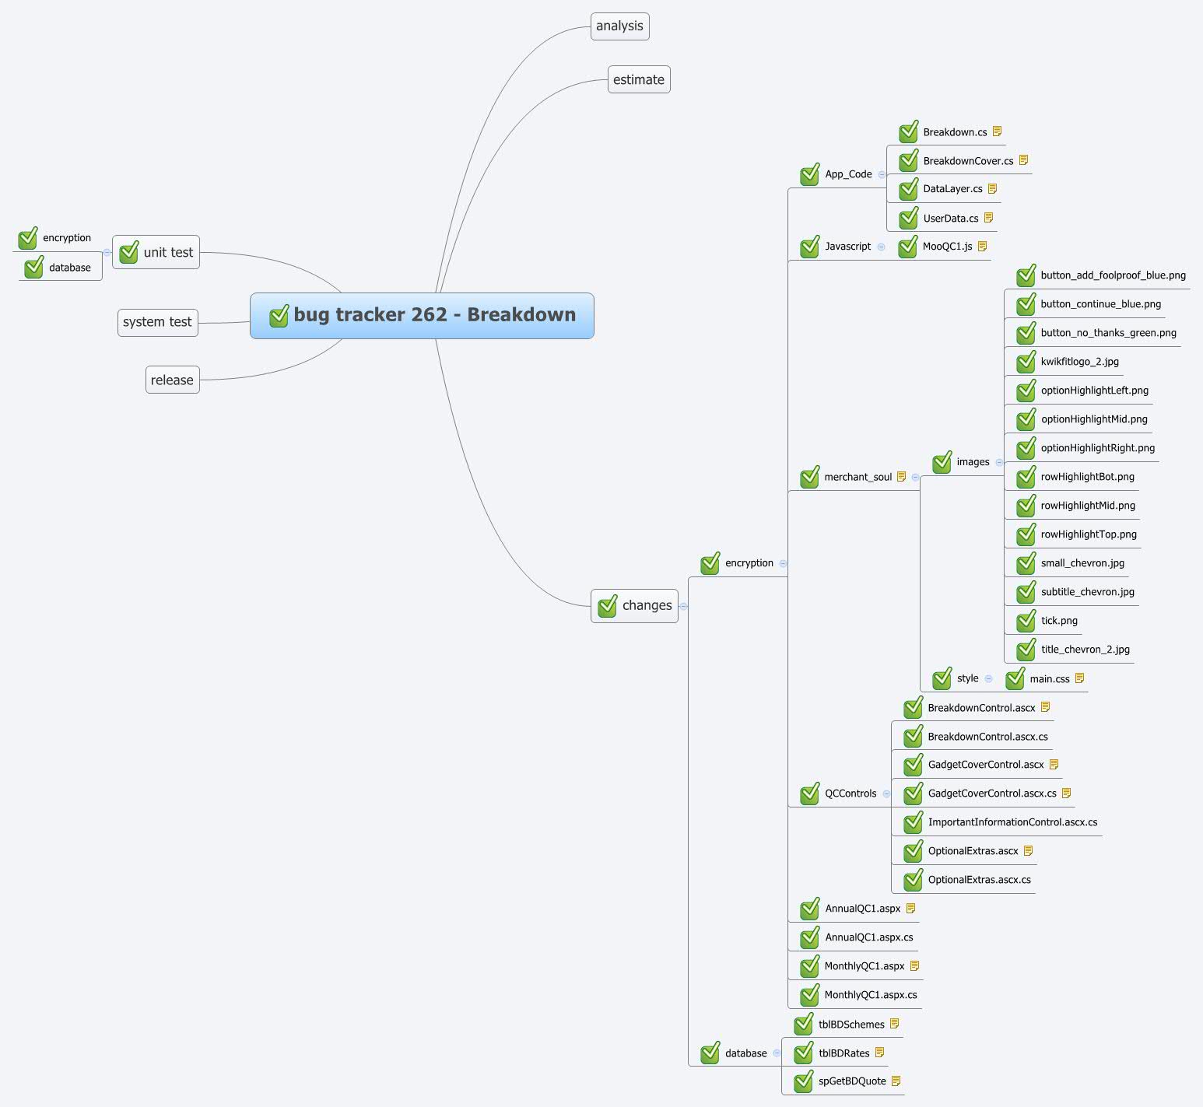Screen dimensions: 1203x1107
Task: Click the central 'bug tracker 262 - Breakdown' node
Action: (x=422, y=316)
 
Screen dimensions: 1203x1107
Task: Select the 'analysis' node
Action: (x=619, y=26)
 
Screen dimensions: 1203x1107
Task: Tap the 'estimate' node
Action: (x=639, y=79)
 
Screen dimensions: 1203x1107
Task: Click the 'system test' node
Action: (x=158, y=322)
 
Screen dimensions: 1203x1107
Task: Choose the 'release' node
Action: (x=173, y=380)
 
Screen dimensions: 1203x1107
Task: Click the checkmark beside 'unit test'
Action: (x=129, y=251)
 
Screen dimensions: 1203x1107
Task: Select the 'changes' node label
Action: (x=647, y=605)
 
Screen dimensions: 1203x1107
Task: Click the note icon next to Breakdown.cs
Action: (x=997, y=131)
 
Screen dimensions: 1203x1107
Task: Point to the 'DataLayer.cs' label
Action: (x=952, y=189)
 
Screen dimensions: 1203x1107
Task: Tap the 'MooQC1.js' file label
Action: (x=947, y=247)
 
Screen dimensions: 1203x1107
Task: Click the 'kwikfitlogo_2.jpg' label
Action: (x=1080, y=362)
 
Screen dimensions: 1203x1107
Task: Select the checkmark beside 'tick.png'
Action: (x=1026, y=620)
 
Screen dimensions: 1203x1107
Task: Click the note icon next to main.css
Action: (x=1079, y=678)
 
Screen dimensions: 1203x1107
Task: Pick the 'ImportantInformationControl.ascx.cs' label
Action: (x=1013, y=822)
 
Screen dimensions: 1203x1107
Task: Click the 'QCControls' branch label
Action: (x=851, y=793)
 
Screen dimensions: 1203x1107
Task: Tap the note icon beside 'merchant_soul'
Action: (x=901, y=476)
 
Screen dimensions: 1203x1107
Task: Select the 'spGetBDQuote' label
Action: (x=852, y=1081)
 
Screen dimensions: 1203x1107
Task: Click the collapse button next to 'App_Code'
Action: (x=882, y=174)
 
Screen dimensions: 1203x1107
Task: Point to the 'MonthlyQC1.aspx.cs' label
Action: (x=871, y=995)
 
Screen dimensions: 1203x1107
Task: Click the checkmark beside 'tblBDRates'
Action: (x=804, y=1053)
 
